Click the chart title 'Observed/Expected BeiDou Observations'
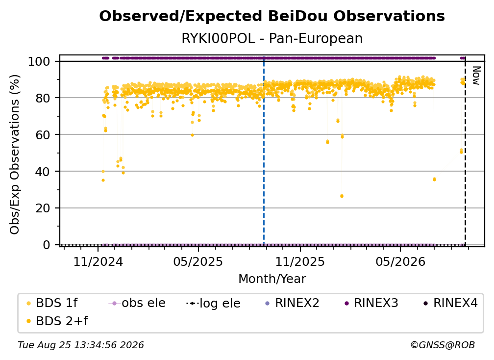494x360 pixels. [272, 16]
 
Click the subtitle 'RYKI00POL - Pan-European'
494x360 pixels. [272, 38]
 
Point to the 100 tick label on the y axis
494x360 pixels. [39, 61]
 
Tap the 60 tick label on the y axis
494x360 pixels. [43, 134]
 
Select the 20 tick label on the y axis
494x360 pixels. [43, 208]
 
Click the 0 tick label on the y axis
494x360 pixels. [47, 245]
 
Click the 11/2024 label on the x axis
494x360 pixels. [98, 261]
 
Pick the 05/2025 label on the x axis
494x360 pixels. [198, 261]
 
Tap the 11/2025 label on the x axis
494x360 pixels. [300, 261]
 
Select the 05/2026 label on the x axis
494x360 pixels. [400, 261]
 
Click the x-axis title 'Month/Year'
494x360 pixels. [272, 279]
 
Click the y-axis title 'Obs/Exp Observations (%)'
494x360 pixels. [15, 154]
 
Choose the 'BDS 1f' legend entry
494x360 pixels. [52, 303]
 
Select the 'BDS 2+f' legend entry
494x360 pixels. [57, 321]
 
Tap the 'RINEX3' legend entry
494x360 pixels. [371, 303]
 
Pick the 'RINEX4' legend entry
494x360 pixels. [450, 303]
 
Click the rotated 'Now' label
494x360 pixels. [476, 76]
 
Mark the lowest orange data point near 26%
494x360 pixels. [342, 196]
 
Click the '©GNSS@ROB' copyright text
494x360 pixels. [443, 345]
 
